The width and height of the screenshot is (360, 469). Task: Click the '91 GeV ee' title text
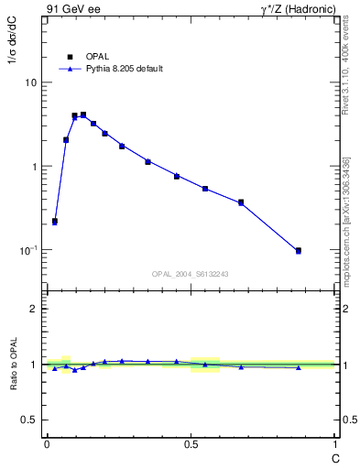pyautogui.click(x=71, y=9)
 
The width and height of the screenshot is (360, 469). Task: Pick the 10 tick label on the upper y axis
pyautogui.click(x=30, y=82)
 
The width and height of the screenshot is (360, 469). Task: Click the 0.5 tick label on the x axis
pyautogui.click(x=191, y=445)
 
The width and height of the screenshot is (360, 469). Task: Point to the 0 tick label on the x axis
pyautogui.click(x=47, y=445)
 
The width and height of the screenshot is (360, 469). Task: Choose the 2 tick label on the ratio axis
pyautogui.click(x=34, y=309)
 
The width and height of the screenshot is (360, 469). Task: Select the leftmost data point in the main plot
pyautogui.click(x=55, y=221)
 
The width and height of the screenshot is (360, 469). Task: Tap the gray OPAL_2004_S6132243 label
pyautogui.click(x=191, y=274)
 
